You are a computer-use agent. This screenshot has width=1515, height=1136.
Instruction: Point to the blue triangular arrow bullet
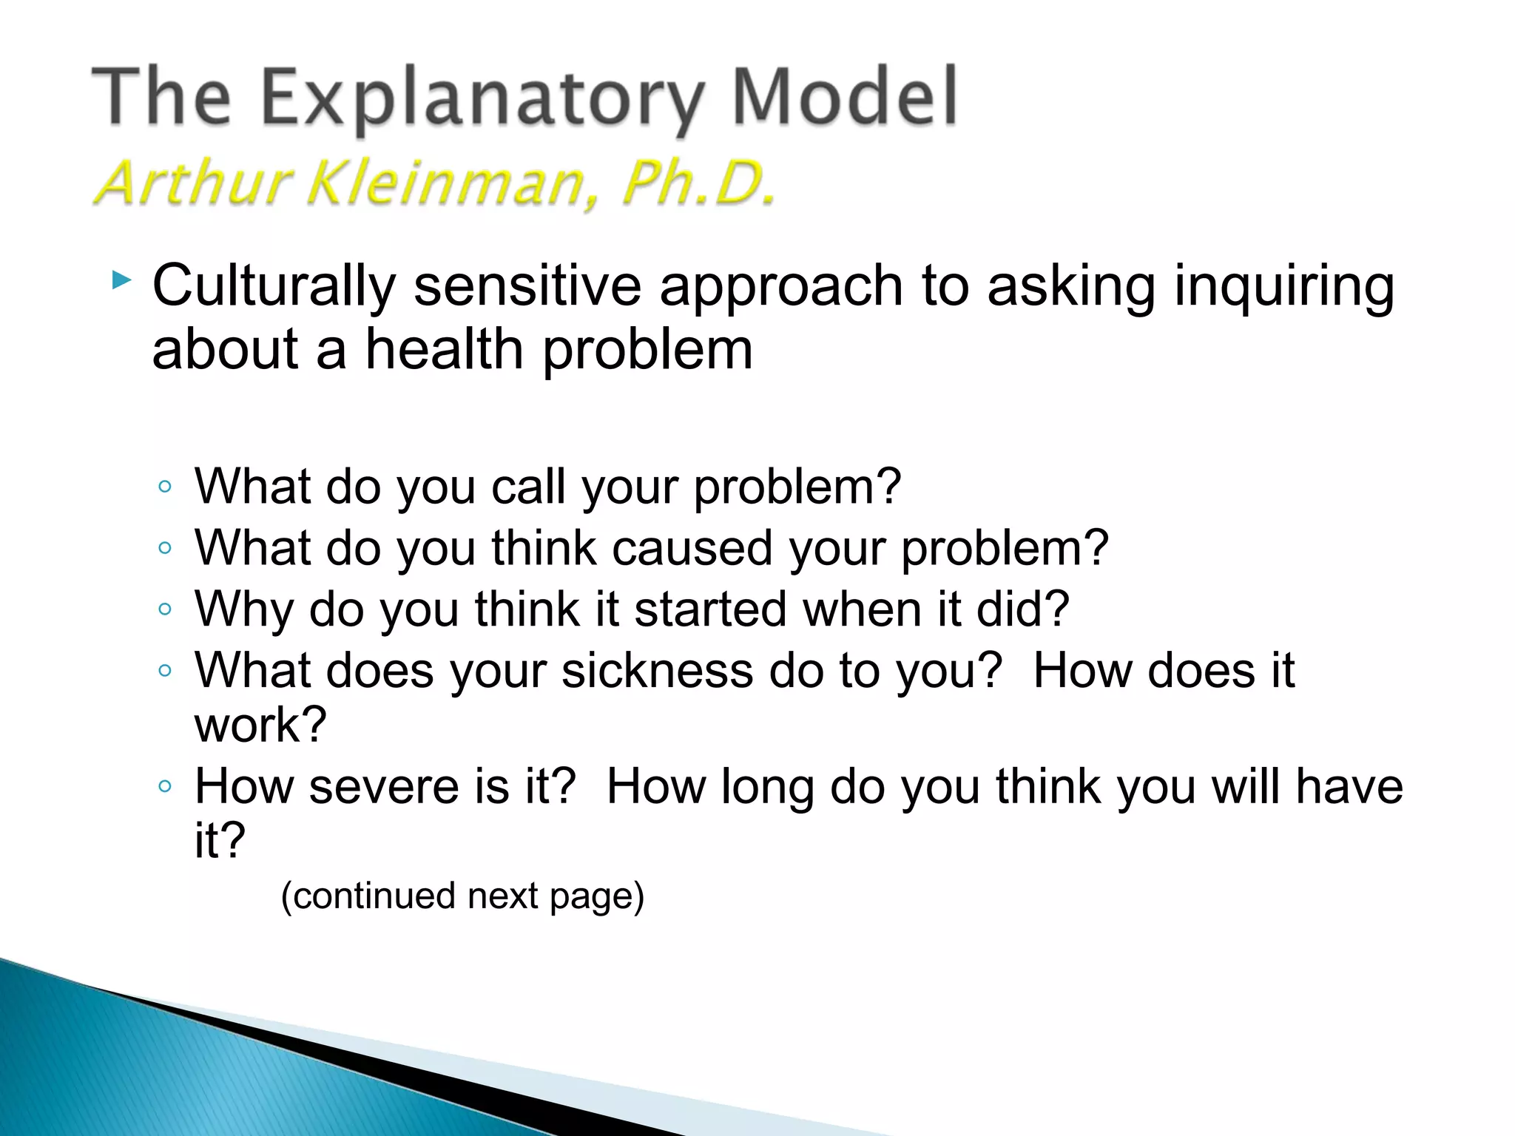121,280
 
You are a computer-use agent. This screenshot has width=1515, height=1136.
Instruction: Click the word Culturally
274,285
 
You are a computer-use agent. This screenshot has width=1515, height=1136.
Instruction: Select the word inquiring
1284,285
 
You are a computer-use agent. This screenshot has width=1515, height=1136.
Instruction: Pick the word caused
692,548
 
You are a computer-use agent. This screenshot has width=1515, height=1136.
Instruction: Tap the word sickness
656,671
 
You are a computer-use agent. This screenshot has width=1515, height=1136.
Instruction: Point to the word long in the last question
767,785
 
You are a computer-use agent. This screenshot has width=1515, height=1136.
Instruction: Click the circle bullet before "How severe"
165,785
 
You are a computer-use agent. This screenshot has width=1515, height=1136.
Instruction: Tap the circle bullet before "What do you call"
165,487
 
